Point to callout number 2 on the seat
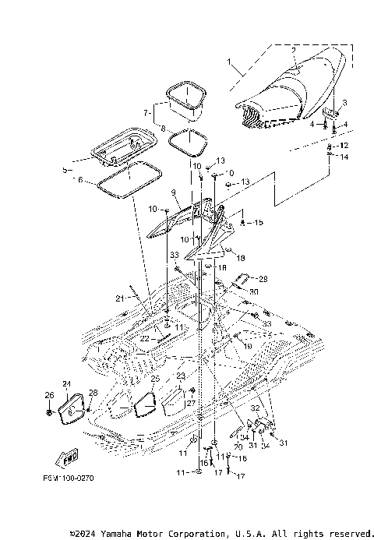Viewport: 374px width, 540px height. click(x=293, y=51)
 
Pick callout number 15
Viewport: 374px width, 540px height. click(x=257, y=223)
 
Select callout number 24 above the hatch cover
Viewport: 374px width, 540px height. click(x=67, y=383)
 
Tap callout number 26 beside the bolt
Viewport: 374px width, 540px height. click(x=48, y=395)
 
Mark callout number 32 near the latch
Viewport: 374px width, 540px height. click(x=254, y=408)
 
